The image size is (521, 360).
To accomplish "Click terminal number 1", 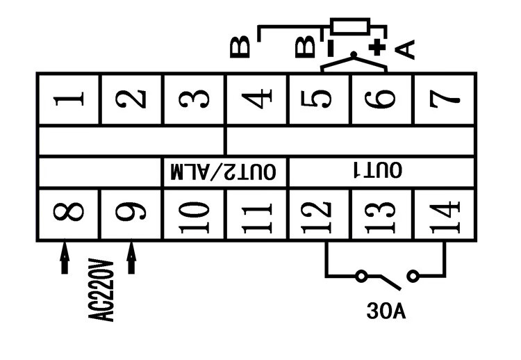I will coord(69,99).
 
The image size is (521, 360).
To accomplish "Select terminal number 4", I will coord(256,99).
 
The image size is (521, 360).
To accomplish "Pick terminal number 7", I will coord(445,99).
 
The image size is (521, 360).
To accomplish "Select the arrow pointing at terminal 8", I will coord(65,256).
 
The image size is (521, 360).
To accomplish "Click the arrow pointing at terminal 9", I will coord(131,256).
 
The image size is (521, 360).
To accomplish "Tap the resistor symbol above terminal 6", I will coord(355,28).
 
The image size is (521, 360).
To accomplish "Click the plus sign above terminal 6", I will coord(377,47).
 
